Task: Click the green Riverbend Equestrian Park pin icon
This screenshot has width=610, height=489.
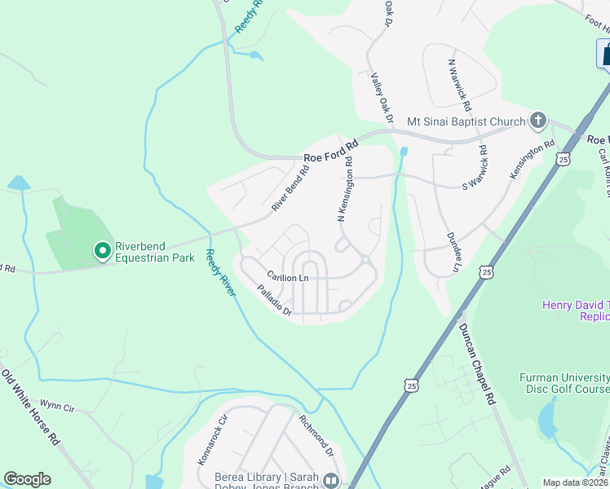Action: (x=102, y=250)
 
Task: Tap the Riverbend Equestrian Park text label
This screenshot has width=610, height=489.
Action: (x=154, y=252)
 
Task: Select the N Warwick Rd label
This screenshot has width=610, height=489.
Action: (x=459, y=85)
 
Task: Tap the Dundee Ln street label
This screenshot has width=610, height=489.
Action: (x=453, y=251)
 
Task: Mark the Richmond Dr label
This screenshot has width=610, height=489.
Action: (x=316, y=436)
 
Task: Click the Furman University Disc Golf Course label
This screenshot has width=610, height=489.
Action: (x=564, y=383)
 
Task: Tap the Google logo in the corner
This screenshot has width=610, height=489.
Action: (x=27, y=479)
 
